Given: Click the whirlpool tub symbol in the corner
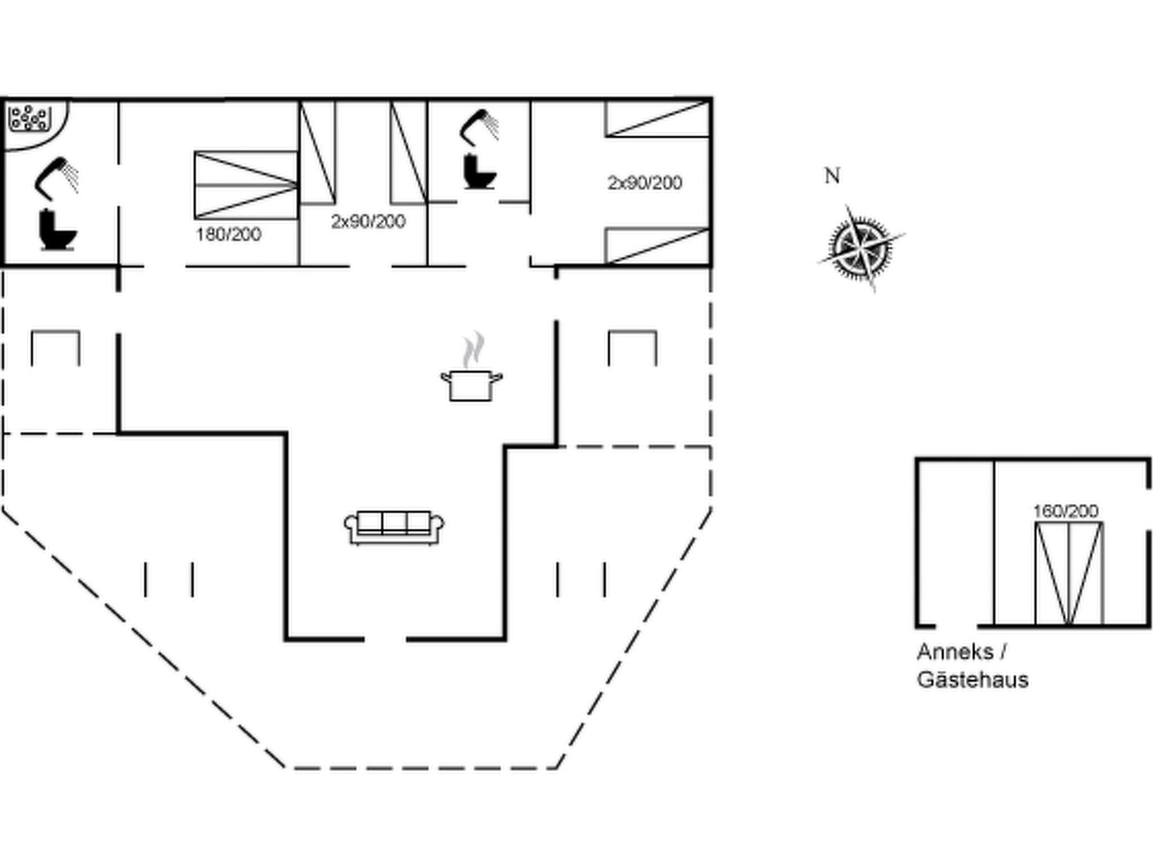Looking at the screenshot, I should (28, 118).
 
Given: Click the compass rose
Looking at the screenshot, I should (860, 248).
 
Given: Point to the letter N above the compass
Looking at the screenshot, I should (832, 176).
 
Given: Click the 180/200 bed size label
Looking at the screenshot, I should (228, 234).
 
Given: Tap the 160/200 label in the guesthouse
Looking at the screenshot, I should (1065, 511).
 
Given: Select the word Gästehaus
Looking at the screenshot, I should (973, 680).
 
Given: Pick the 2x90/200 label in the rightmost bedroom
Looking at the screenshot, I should (645, 182).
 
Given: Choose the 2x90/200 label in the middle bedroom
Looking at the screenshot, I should (368, 221).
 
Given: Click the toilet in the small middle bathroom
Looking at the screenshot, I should (480, 172).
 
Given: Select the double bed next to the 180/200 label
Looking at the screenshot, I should (246, 185).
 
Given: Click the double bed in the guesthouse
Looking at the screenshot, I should (1068, 573).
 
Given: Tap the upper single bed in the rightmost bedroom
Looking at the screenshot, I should (657, 119).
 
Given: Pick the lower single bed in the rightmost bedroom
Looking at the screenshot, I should (657, 246).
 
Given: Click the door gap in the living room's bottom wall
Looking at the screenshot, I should (385, 639).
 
